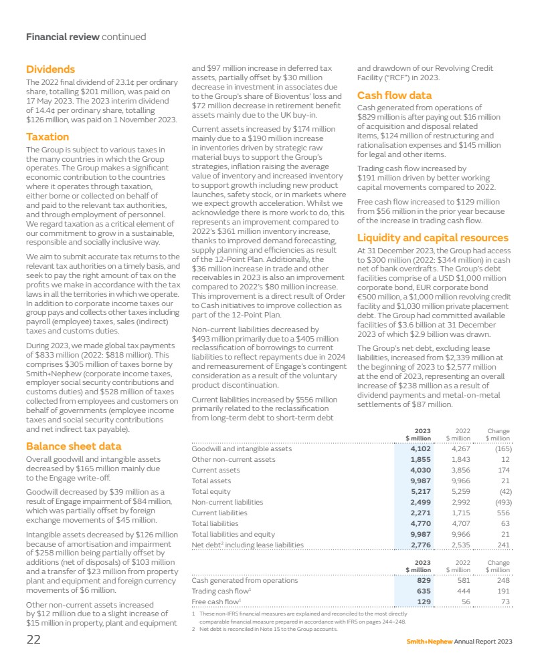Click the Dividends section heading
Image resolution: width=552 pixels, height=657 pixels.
point(50,69)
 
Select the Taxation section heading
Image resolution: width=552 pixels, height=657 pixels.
point(47,137)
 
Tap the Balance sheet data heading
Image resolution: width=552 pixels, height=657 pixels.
point(74,446)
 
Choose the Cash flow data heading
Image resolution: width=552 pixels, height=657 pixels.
point(394,95)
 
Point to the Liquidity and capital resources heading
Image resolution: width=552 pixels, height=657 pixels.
point(433,238)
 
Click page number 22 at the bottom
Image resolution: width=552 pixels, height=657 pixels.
point(33,640)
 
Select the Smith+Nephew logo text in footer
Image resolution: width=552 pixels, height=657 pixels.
point(429,642)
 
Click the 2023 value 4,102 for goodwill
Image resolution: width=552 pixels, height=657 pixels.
point(419,449)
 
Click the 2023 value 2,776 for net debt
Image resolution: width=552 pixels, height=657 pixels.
point(419,545)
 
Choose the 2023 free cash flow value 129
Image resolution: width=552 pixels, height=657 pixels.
point(422,602)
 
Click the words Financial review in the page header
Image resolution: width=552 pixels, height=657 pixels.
point(62,37)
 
